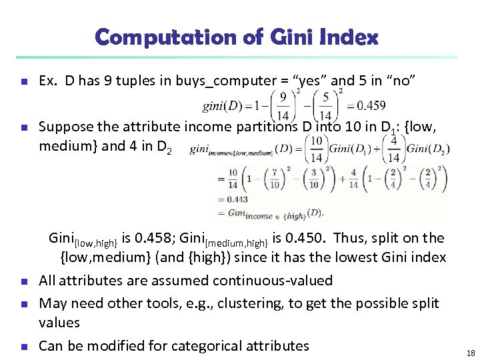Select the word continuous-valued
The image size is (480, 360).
tap(275, 281)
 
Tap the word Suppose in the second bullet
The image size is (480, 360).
tap(65, 127)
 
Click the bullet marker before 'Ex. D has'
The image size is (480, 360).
tap(23, 82)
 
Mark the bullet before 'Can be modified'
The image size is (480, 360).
tap(23, 346)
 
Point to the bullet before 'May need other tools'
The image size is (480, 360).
tap(23, 304)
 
